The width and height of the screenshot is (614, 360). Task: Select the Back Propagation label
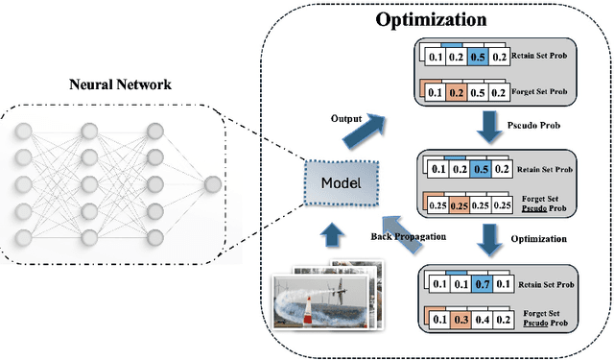[409, 236]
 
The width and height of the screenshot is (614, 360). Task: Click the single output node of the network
[210, 183]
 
